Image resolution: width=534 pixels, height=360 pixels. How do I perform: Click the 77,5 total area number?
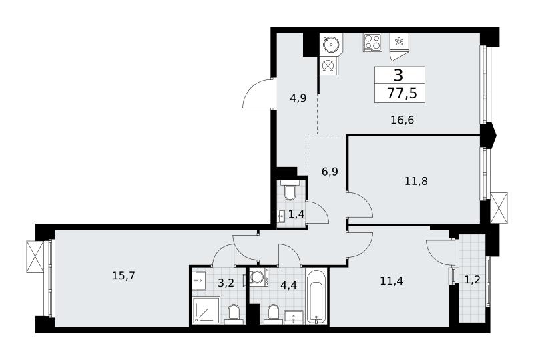coord(402,93)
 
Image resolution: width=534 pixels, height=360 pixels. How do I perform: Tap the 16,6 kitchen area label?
coord(402,120)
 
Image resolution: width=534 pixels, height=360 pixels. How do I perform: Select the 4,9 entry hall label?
coord(298,98)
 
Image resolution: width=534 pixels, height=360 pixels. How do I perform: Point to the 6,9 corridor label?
coord(330,172)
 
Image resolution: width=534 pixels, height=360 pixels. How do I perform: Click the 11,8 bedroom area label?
coord(416,181)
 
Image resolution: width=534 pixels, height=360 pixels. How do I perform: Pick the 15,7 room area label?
coord(123,275)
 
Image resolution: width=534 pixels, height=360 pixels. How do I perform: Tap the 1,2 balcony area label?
coord(473,280)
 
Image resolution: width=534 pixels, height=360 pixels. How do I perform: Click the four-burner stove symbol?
coord(372,43)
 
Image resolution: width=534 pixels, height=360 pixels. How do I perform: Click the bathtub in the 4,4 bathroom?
coord(316,296)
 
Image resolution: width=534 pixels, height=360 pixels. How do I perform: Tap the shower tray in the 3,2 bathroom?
coord(206,310)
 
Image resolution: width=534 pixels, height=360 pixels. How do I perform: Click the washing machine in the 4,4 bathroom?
coord(258,277)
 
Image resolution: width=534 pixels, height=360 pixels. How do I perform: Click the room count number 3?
coord(398,75)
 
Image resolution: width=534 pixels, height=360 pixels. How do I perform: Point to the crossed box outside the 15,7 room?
coord(35,256)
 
